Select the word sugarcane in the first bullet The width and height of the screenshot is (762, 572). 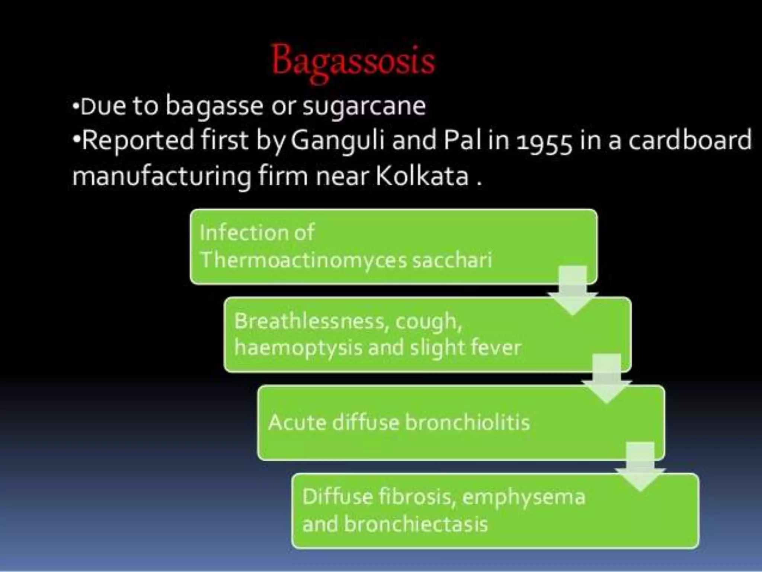364,107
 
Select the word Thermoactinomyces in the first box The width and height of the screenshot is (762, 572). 303,260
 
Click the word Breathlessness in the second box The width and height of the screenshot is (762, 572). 309,321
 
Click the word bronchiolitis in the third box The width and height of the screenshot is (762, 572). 467,423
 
